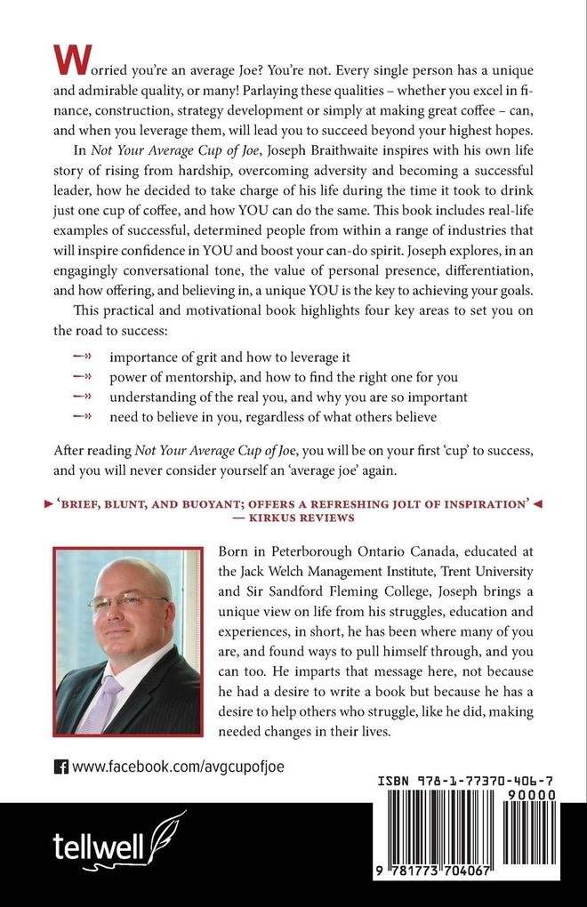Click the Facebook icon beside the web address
61,765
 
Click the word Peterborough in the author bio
295,551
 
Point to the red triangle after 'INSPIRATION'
537,503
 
